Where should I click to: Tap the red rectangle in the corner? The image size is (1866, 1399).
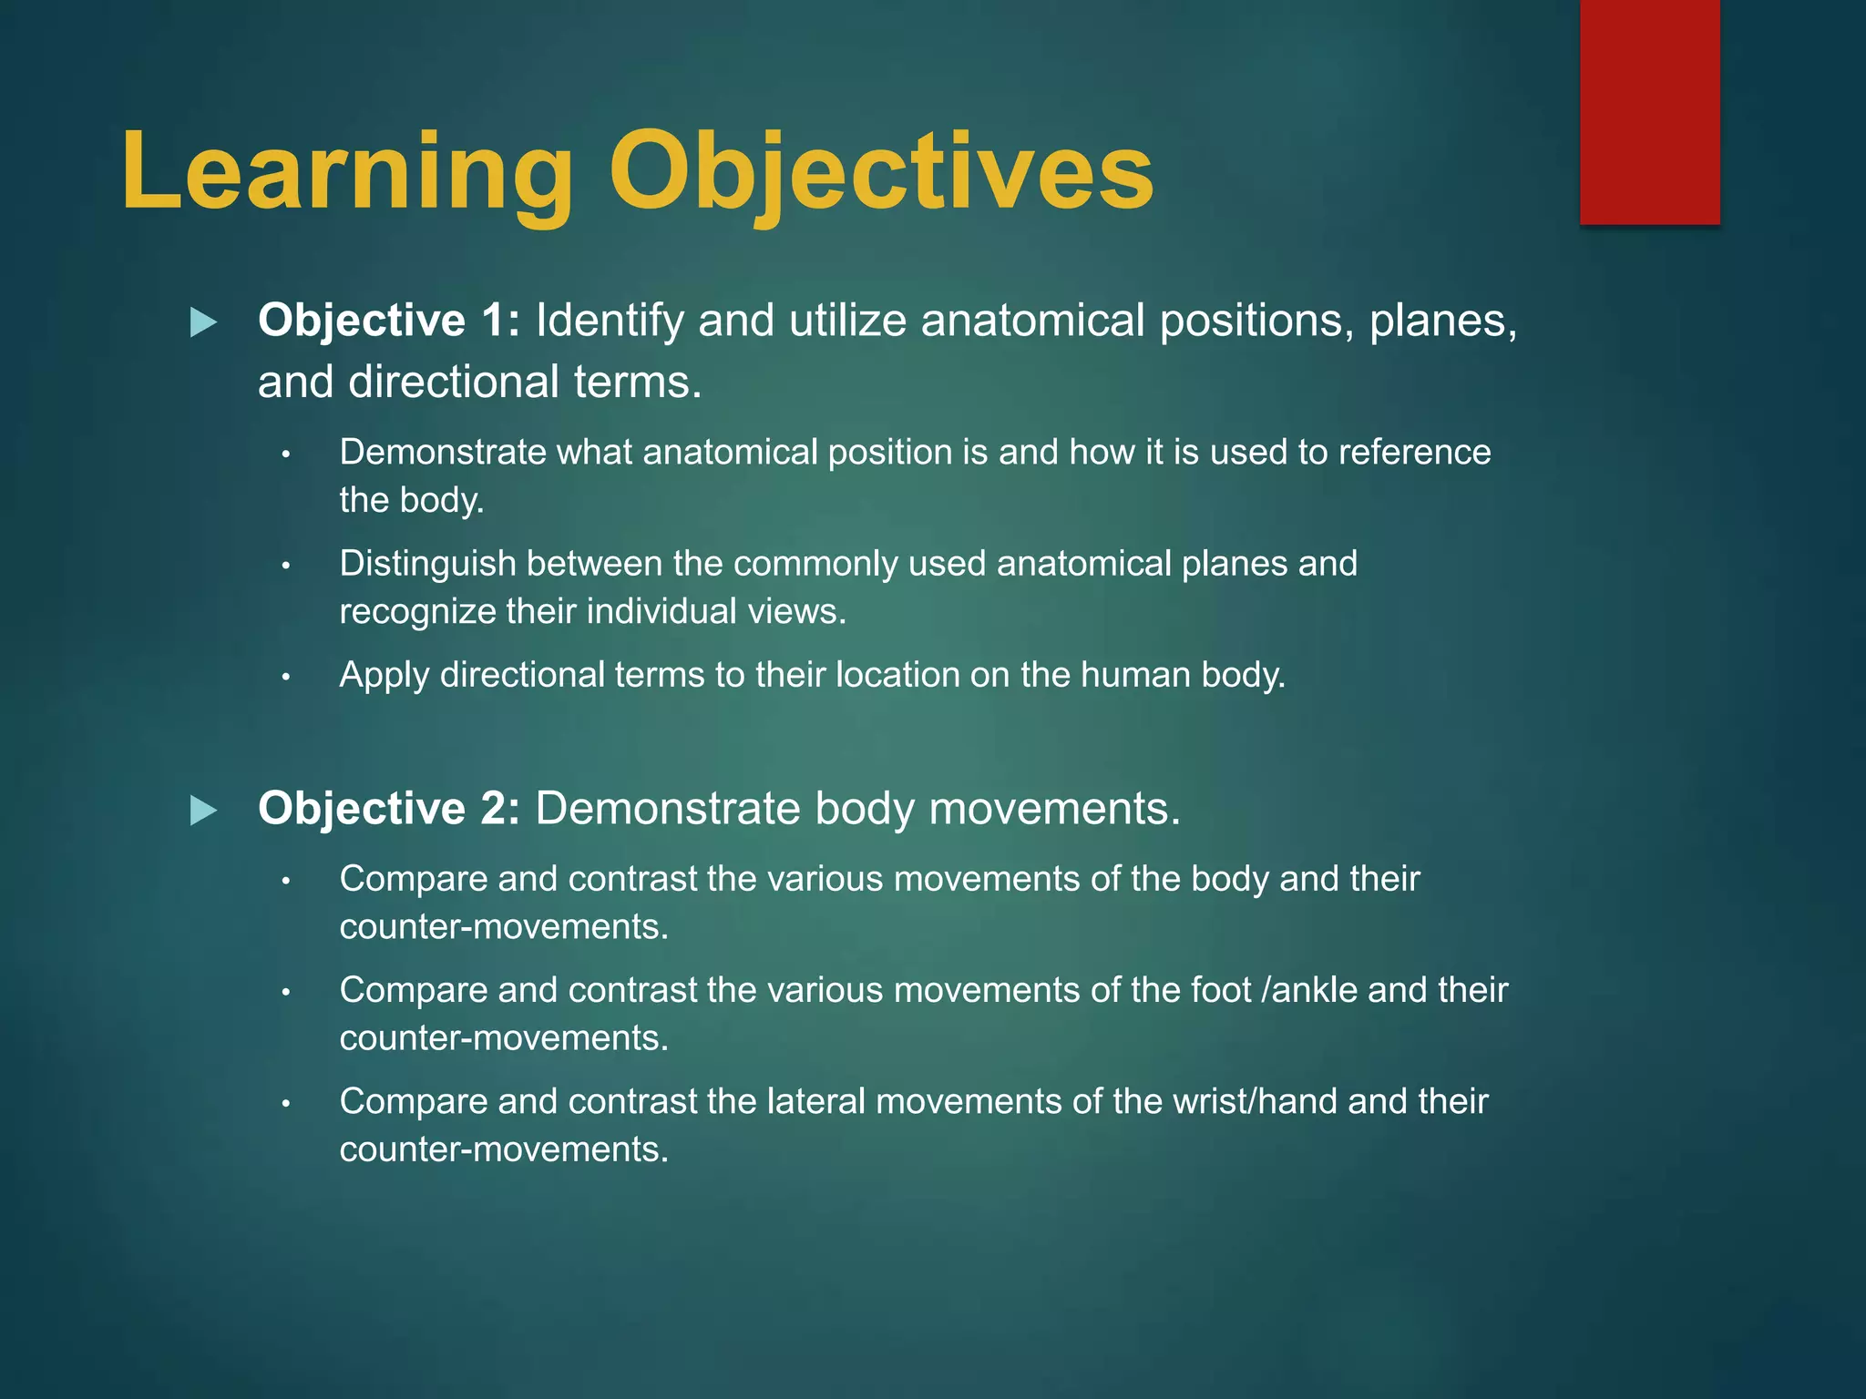click(1649, 111)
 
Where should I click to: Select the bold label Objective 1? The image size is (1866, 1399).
click(389, 321)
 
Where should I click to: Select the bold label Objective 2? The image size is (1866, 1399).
click(389, 809)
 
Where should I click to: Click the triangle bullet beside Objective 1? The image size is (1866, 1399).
click(203, 322)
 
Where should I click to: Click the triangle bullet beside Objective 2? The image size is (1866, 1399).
click(203, 811)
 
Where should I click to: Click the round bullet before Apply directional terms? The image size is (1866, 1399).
click(285, 677)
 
